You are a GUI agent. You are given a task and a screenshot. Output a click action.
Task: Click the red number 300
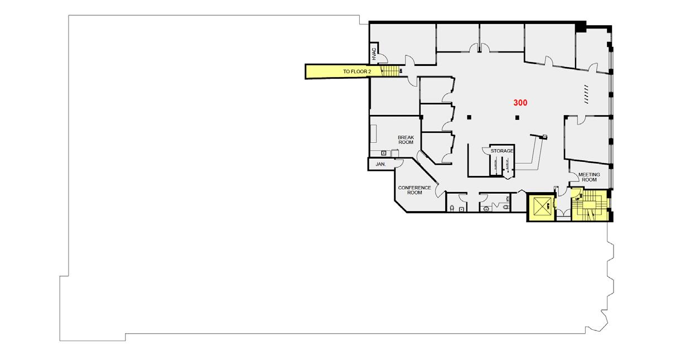click(x=520, y=103)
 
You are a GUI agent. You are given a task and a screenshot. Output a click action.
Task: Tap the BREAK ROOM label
click(x=406, y=140)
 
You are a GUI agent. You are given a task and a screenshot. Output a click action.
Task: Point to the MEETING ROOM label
click(x=589, y=177)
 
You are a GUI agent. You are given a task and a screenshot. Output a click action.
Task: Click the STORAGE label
click(x=501, y=151)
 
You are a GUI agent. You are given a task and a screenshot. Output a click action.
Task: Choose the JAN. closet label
click(x=382, y=165)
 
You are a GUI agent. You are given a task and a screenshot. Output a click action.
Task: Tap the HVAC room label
click(x=374, y=54)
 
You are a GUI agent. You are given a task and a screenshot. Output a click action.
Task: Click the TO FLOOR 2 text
click(x=357, y=72)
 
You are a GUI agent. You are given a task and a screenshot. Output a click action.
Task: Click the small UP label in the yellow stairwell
click(x=578, y=199)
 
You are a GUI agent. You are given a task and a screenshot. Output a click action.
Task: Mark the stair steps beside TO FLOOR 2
click(x=392, y=71)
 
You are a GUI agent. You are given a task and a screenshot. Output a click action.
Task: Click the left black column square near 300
click(x=470, y=117)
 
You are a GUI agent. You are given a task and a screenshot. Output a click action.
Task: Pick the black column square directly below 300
click(x=518, y=117)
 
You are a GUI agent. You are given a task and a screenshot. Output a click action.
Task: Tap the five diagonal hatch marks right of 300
click(x=586, y=93)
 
